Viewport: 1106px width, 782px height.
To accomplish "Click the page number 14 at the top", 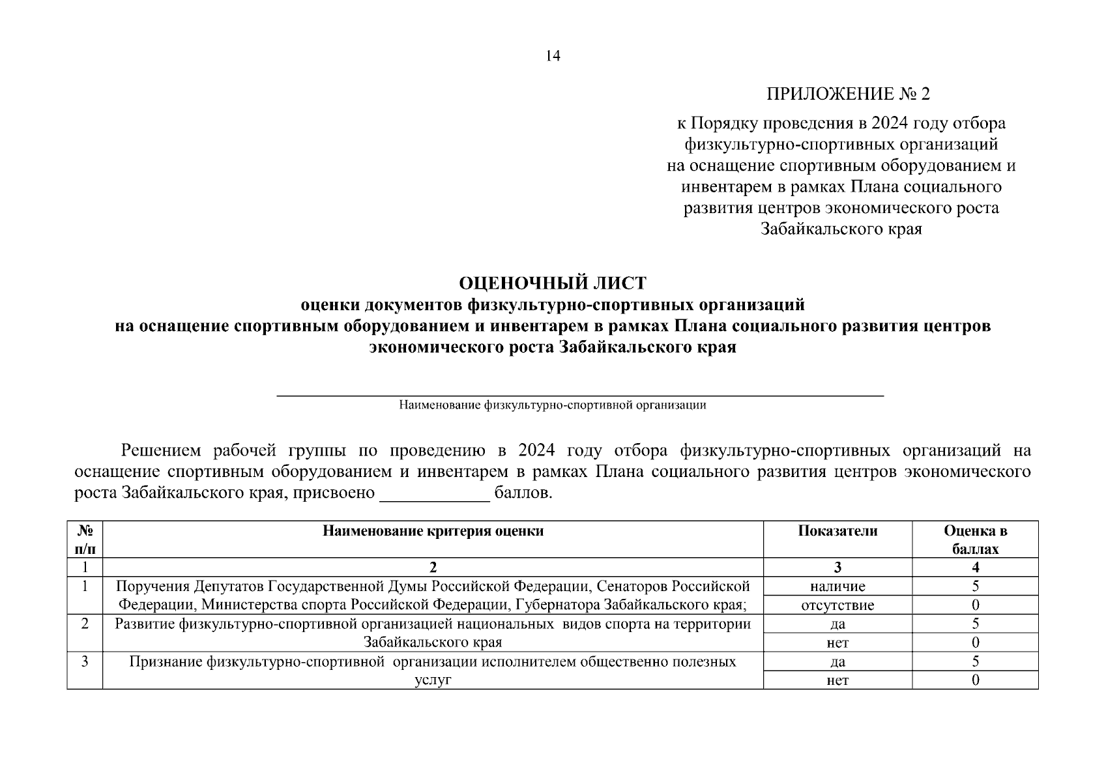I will pyautogui.click(x=553, y=56).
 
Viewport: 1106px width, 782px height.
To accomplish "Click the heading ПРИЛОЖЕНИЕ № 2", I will pyautogui.click(x=848, y=95).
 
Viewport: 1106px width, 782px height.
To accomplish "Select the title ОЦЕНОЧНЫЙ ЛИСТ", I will pyautogui.click(x=553, y=283).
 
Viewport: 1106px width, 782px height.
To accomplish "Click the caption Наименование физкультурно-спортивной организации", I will pyautogui.click(x=553, y=405).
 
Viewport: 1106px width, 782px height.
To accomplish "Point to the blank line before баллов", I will pyautogui.click(x=434, y=494).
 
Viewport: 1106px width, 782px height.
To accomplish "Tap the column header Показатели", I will pyautogui.click(x=837, y=531).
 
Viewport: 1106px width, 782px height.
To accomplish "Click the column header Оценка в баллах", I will pyautogui.click(x=975, y=540).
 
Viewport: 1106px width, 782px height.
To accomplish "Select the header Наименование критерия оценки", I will pyautogui.click(x=433, y=531).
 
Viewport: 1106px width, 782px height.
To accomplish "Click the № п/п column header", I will pyautogui.click(x=85, y=540).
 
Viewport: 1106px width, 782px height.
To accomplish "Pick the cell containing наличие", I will pyautogui.click(x=837, y=586).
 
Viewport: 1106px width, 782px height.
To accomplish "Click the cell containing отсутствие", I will pyautogui.click(x=837, y=605).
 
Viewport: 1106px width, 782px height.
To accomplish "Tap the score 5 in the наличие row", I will pyautogui.click(x=975, y=586).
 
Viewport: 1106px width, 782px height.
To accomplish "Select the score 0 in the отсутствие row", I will pyautogui.click(x=975, y=605).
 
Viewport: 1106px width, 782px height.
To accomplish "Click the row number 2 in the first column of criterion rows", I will pyautogui.click(x=85, y=624).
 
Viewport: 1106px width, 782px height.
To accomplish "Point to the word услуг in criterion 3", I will pyautogui.click(x=433, y=680).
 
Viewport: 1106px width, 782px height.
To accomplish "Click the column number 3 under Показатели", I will pyautogui.click(x=837, y=568).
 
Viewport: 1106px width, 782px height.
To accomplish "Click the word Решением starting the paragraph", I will pyautogui.click(x=158, y=451).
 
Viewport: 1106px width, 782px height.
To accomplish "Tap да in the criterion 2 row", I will pyautogui.click(x=837, y=624).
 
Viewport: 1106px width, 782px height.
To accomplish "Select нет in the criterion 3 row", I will pyautogui.click(x=837, y=681).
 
